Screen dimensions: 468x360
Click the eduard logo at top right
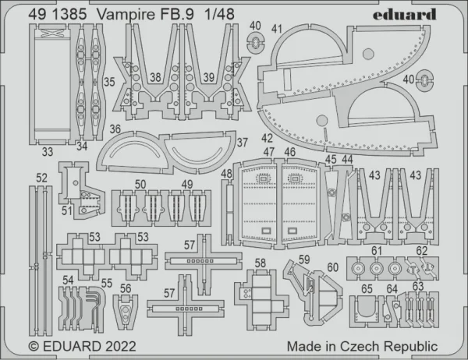(404, 14)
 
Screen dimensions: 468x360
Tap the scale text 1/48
(219, 14)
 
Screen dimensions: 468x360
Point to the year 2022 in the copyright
(120, 346)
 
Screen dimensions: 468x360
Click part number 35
(109, 82)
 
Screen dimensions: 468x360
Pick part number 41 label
(277, 29)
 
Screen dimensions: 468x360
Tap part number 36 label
(115, 129)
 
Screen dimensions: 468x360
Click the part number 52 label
(41, 178)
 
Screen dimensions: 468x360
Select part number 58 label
(261, 263)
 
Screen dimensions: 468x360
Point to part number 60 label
(333, 267)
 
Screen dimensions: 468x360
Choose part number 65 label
(367, 289)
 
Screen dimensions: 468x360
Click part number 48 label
(226, 173)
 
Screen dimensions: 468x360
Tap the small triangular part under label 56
(126, 312)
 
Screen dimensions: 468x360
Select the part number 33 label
(48, 151)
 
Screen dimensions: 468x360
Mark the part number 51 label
(67, 210)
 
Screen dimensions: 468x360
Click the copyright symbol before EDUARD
(34, 347)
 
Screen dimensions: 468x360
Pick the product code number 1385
(69, 14)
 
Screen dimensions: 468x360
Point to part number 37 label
(243, 143)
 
